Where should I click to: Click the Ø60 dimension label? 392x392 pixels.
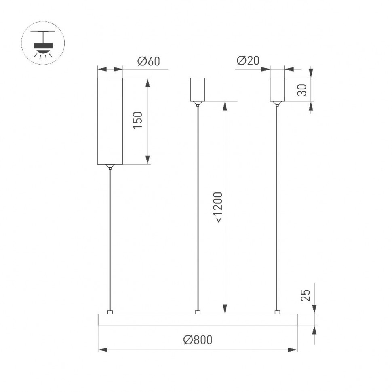(x=149, y=61)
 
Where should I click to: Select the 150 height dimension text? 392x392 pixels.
(x=138, y=120)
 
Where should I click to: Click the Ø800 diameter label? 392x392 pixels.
(x=198, y=340)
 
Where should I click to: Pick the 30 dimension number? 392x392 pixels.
(x=301, y=90)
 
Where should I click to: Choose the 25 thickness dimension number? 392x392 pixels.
(x=306, y=296)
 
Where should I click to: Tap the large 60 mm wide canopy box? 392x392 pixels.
(x=110, y=121)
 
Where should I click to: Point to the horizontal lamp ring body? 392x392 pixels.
(x=198, y=319)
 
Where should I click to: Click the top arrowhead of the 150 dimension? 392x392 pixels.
(x=148, y=83)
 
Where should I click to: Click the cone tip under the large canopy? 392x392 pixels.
(x=110, y=166)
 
